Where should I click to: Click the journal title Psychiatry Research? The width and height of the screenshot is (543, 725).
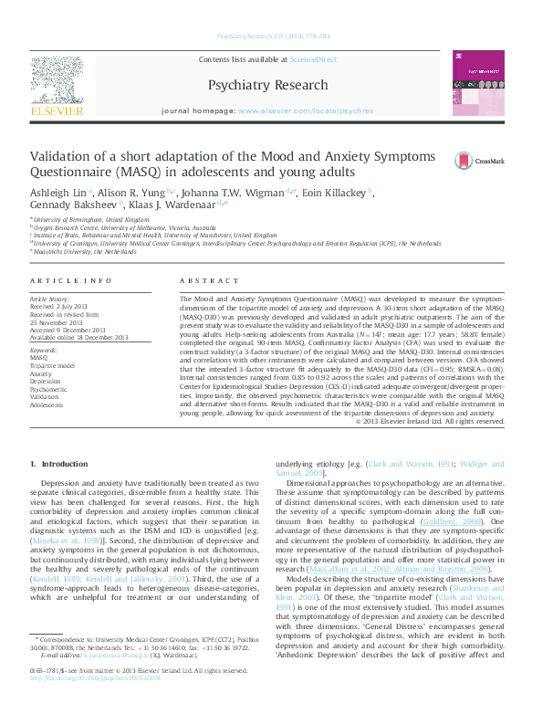(x=267, y=86)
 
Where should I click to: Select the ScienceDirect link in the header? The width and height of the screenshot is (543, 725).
(x=313, y=60)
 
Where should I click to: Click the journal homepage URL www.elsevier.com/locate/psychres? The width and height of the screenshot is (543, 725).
(x=305, y=110)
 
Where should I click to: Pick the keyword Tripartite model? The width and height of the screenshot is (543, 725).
(x=53, y=365)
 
